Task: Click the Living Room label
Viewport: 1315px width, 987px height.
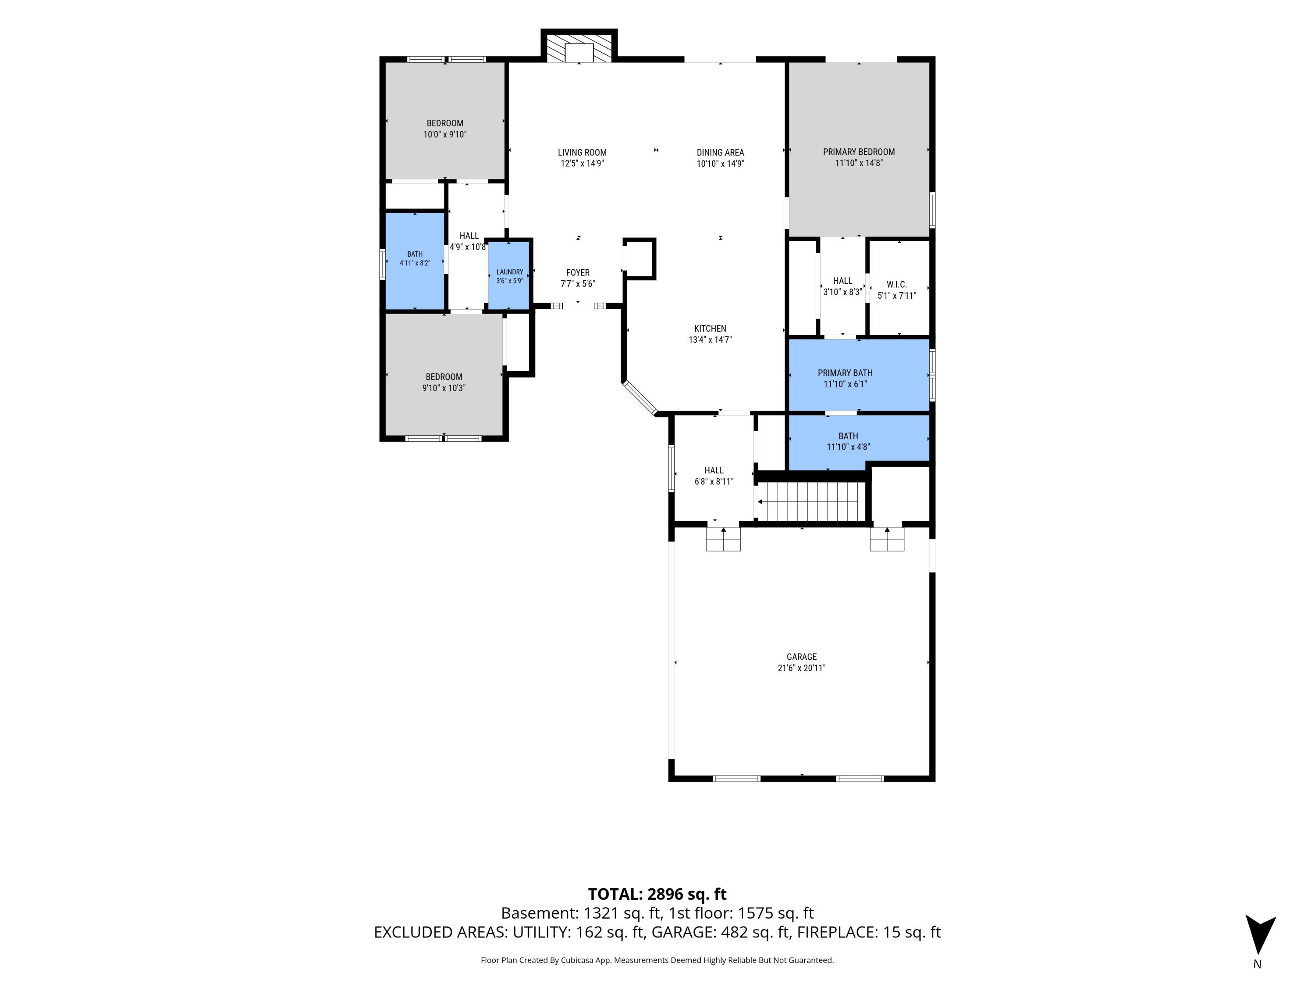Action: click(x=582, y=152)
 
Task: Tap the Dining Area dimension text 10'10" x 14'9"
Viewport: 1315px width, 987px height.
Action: click(x=721, y=164)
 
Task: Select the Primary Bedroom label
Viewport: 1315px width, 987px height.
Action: click(x=858, y=152)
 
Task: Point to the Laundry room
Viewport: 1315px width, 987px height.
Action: click(x=509, y=275)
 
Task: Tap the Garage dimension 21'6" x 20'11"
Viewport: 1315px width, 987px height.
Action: click(x=801, y=668)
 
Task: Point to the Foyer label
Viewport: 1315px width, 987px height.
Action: click(x=578, y=272)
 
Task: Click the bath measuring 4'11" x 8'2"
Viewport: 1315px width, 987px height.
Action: click(x=415, y=261)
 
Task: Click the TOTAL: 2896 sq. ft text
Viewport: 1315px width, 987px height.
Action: click(x=657, y=894)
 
